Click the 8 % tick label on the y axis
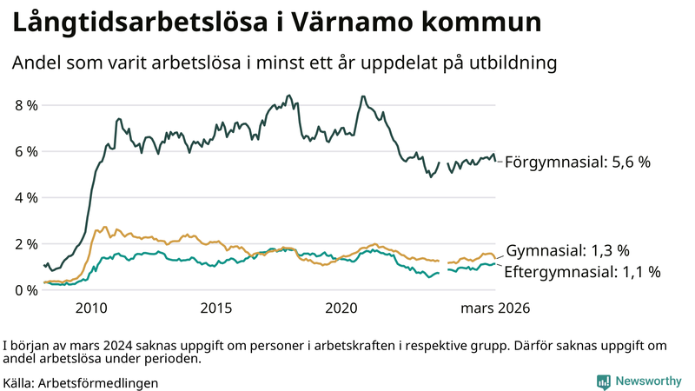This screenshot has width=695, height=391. tap(25, 105)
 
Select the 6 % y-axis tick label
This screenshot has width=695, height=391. tap(25, 151)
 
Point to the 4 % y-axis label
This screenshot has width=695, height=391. tap(25, 197)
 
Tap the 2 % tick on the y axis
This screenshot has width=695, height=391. tap(25, 243)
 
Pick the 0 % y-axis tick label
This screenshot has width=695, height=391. tap(25, 289)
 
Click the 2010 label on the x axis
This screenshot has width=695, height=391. tap(91, 308)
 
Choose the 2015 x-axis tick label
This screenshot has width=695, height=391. tap(216, 308)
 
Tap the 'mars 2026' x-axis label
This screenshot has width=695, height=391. tap(495, 308)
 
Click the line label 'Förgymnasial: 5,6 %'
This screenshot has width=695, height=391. tap(578, 162)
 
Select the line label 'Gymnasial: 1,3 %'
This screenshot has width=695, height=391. tap(574, 250)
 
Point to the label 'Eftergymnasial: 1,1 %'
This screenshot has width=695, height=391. tap(582, 271)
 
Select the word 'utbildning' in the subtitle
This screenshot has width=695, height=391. tap(512, 63)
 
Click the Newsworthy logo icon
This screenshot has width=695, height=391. tap(603, 381)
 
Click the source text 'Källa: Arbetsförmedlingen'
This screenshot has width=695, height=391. tap(81, 382)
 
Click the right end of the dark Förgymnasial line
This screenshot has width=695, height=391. tap(495, 161)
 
